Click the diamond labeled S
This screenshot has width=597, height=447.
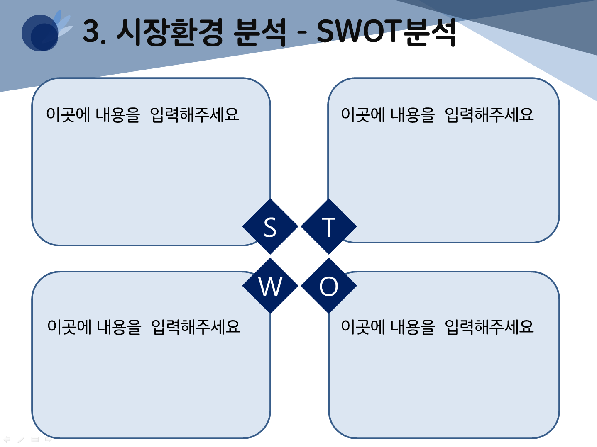tap(270, 226)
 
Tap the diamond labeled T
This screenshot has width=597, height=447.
tap(329, 226)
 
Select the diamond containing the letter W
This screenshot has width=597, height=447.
tap(270, 286)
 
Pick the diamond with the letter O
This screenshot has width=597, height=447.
tap(329, 286)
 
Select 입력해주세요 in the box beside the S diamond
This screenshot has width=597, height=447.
tap(194, 114)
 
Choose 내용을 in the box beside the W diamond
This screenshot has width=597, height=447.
tap(119, 326)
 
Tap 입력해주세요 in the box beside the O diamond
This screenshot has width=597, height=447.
tap(489, 326)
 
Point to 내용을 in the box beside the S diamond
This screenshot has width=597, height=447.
tap(118, 114)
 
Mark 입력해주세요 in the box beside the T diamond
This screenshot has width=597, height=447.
tap(489, 114)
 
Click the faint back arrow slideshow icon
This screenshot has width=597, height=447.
tap(7, 439)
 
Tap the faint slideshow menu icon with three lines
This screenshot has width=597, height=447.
tap(35, 440)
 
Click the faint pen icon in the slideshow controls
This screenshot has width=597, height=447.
tap(21, 440)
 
